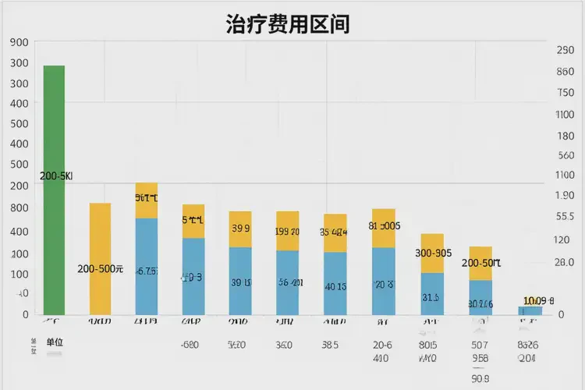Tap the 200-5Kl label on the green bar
pyautogui.click(x=55, y=176)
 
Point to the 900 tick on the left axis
pyautogui.click(x=19, y=43)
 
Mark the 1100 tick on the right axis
pyautogui.click(x=565, y=114)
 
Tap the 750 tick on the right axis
pyautogui.click(x=565, y=93)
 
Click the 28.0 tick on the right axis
pyautogui.click(x=565, y=262)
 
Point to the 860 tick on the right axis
pyautogui.click(x=565, y=72)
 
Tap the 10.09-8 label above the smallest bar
pyautogui.click(x=538, y=300)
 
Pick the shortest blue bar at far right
pyautogui.click(x=530, y=310)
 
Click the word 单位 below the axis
pyautogui.click(x=55, y=342)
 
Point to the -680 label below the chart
pyautogui.click(x=190, y=345)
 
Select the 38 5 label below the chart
pyautogui.click(x=331, y=345)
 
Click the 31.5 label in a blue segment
pyautogui.click(x=431, y=297)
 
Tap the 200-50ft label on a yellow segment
pyautogui.click(x=480, y=263)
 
